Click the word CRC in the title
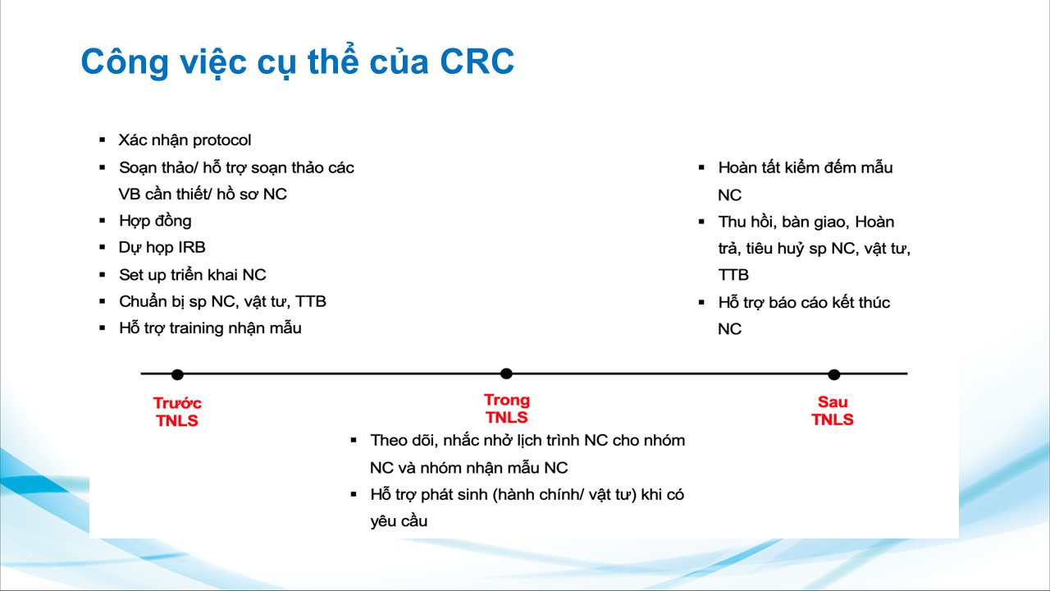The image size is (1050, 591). coord(477,62)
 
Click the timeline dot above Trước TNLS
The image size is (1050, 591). coord(177,374)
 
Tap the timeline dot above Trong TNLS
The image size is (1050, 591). coord(506,373)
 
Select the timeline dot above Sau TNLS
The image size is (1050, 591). coord(834,374)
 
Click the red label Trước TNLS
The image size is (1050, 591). coord(177,412)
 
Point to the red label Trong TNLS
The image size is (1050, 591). coord(507,409)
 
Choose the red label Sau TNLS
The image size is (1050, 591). coord(833,410)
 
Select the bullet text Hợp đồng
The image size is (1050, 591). coord(155,221)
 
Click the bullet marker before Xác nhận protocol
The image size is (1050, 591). coord(103,140)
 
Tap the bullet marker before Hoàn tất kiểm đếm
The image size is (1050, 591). coord(701,167)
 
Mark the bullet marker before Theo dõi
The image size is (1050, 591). coord(354,440)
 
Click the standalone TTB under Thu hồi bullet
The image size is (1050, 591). coord(733,275)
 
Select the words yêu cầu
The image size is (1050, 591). coord(399,521)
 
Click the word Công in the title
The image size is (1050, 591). coord(125,62)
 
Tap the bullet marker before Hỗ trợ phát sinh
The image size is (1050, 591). coord(354,494)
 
